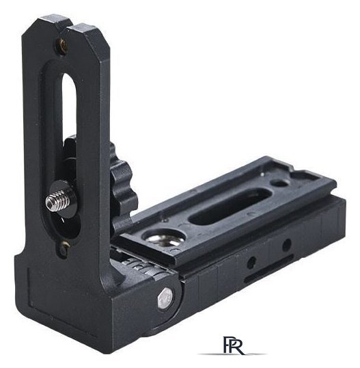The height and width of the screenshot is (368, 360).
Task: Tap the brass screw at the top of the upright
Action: tap(62, 46)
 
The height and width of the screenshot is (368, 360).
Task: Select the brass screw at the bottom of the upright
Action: tap(64, 246)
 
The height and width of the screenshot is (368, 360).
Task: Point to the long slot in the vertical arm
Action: tap(69, 118)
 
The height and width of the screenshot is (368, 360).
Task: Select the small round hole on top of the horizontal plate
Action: tap(279, 183)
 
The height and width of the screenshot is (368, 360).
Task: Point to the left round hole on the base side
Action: tap(251, 263)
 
